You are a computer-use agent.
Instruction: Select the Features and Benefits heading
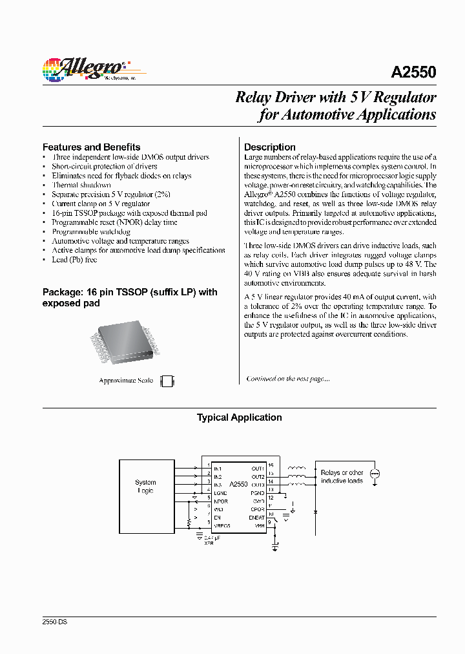[x=91, y=147]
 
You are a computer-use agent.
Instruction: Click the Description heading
[x=269, y=147]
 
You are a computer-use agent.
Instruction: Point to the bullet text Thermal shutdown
[x=81, y=185]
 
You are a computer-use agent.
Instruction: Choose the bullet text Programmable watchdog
[x=91, y=231]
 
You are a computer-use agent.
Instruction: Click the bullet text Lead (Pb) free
[x=74, y=259]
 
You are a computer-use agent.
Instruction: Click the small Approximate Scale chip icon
[x=167, y=381]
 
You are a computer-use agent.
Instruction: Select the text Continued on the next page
[x=287, y=379]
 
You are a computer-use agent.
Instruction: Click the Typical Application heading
[x=239, y=417]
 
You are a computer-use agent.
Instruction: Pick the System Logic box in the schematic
[x=145, y=487]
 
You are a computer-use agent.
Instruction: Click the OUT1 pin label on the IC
[x=258, y=469]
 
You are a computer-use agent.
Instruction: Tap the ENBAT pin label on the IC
[x=256, y=518]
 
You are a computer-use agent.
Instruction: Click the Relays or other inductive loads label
[x=342, y=477]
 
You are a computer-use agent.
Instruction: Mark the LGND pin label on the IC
[x=220, y=493]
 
